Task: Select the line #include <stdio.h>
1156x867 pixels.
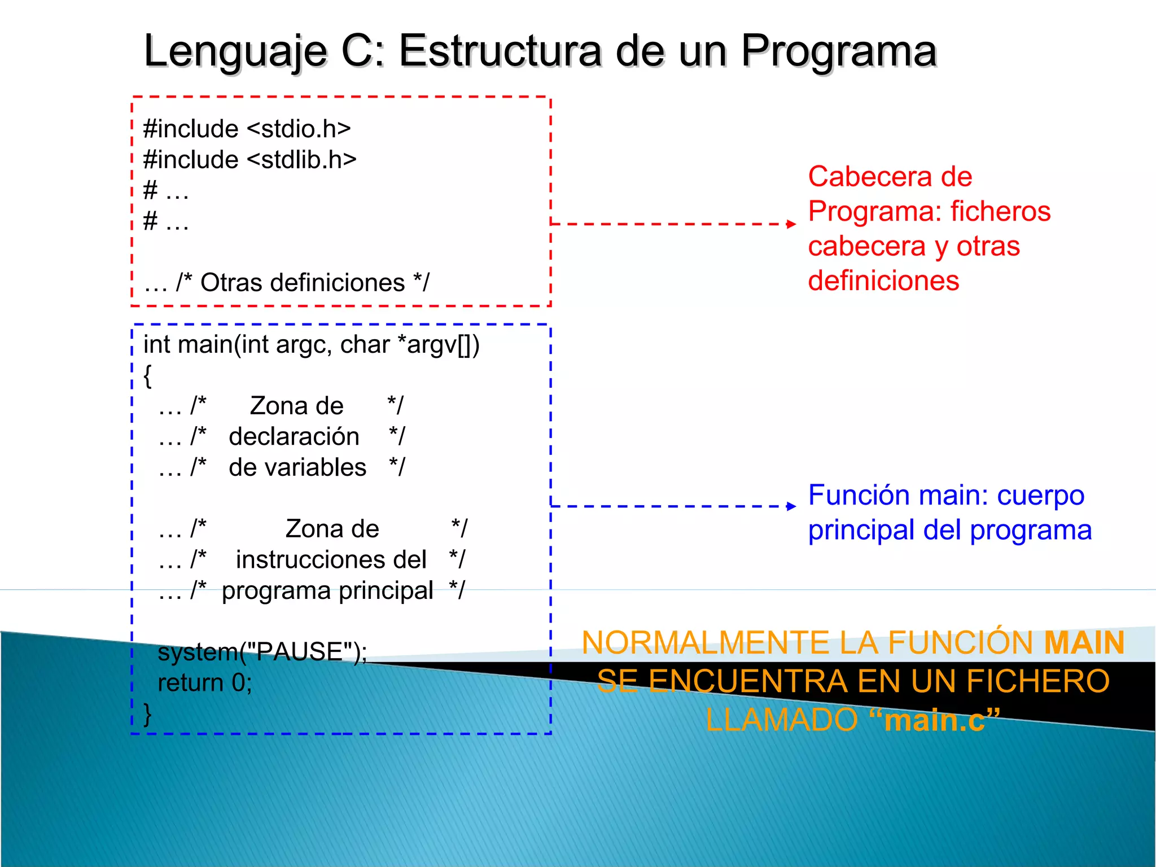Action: tap(247, 129)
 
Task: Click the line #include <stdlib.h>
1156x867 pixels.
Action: tap(249, 160)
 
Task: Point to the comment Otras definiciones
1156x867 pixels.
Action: tap(302, 282)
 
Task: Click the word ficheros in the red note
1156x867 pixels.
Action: tap(1000, 212)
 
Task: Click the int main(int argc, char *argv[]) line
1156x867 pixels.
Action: tap(311, 344)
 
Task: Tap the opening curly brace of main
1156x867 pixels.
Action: tap(147, 376)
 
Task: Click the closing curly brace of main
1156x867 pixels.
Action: tap(147, 715)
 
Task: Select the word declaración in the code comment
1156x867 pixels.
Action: tap(294, 437)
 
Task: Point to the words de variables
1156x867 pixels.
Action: tap(297, 467)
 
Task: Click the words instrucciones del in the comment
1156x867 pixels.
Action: tap(331, 560)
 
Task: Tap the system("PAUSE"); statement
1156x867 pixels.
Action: tap(262, 652)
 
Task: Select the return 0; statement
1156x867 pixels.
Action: tap(204, 683)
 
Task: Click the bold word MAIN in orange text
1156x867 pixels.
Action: tap(1084, 643)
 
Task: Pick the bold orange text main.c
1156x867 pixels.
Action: tap(934, 720)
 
